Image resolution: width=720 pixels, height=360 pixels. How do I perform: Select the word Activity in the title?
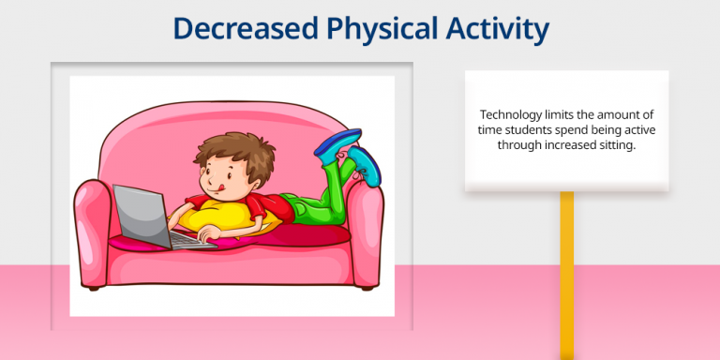click(x=501, y=29)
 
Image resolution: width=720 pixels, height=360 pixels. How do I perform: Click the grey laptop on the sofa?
click(x=141, y=215)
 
